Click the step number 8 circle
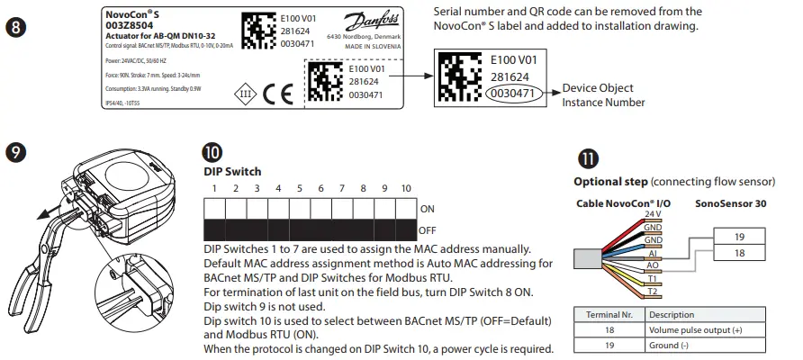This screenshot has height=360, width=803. coord(19,28)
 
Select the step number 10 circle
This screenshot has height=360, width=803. coord(214,153)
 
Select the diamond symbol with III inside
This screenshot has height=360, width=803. coord(244,94)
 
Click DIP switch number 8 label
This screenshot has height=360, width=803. coord(363,189)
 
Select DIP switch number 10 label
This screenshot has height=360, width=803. coord(406,189)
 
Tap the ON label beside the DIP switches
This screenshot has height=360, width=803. coord(428,209)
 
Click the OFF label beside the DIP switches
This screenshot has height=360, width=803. coord(428,230)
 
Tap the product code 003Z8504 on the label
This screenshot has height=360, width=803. coord(127,26)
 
